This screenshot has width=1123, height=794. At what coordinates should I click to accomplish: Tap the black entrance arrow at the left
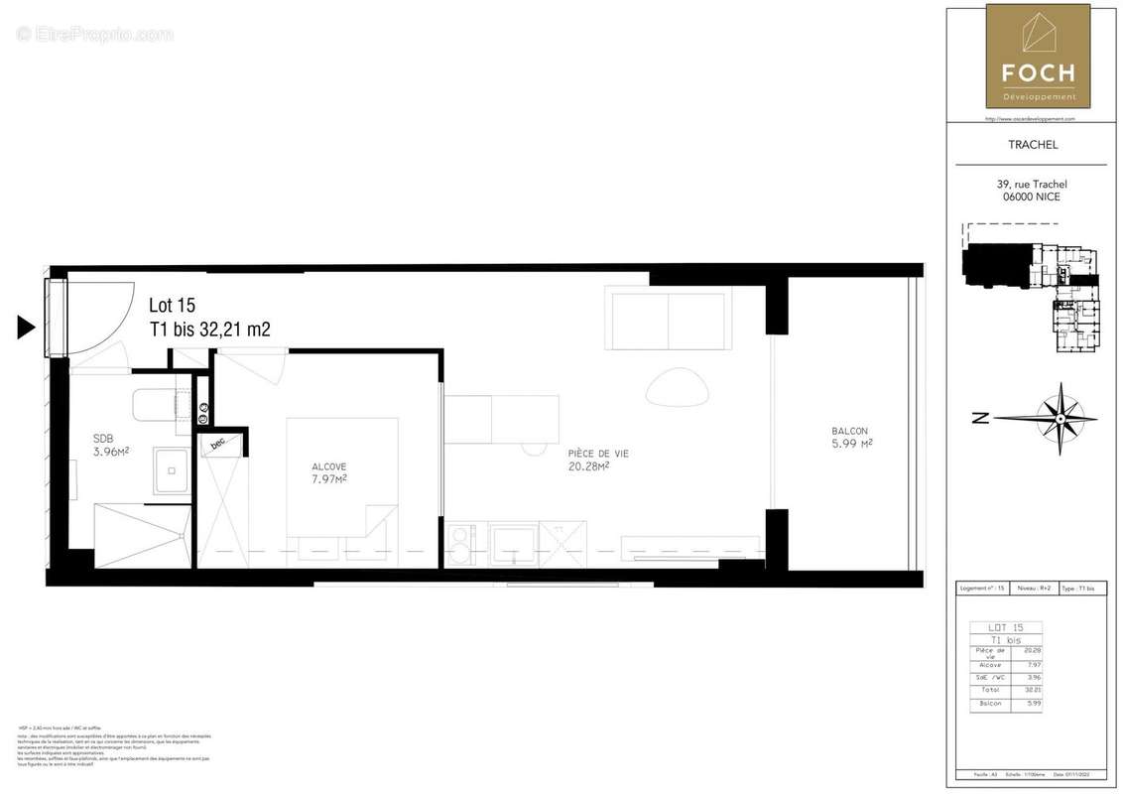coord(27,327)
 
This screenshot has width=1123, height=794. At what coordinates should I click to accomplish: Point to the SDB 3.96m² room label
coord(110,445)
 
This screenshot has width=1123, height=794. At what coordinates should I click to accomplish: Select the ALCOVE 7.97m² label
coord(328,472)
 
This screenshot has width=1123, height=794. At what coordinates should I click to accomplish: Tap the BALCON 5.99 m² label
coord(851,438)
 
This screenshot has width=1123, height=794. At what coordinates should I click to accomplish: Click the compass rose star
coord(1060,418)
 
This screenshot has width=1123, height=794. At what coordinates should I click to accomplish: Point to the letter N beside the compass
coord(980,419)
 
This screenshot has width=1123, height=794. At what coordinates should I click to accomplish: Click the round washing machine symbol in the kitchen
coord(460,544)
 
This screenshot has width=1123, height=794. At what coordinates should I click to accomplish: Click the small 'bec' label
coord(218,444)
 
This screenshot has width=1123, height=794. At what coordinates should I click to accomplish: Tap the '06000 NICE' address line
coord(1031,197)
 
